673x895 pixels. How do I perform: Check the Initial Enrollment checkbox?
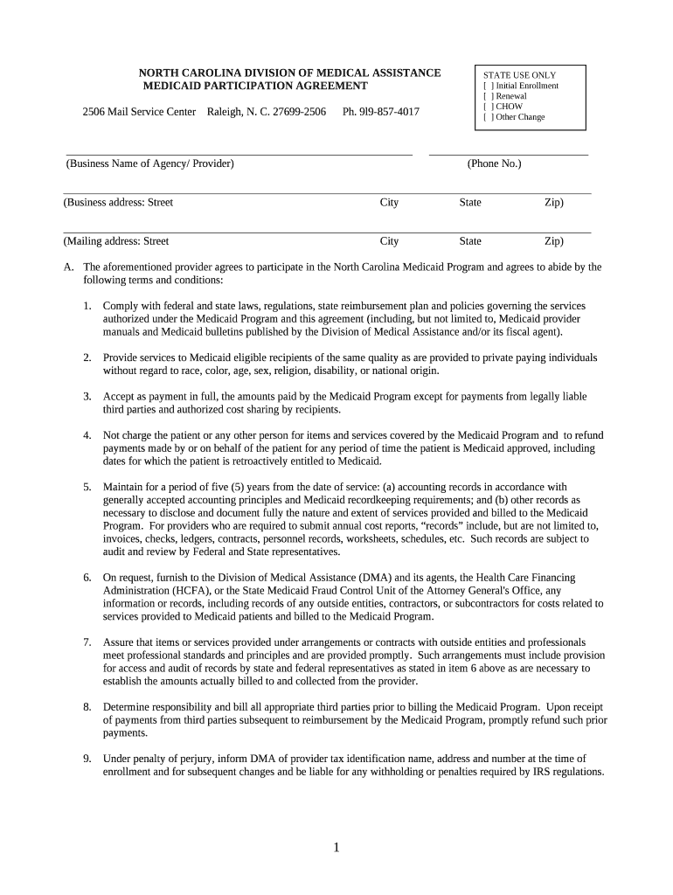[x=488, y=86]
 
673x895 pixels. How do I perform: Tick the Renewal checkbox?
[x=488, y=96]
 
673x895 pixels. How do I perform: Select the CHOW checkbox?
[x=488, y=107]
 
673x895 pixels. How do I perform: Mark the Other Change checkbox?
[x=488, y=117]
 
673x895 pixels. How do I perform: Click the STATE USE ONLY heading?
[x=519, y=75]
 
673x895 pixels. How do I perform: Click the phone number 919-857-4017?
[x=380, y=113]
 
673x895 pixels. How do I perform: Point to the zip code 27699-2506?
[x=297, y=113]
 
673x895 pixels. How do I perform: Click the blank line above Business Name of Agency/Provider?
[x=239, y=154]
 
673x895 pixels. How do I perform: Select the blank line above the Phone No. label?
[x=508, y=154]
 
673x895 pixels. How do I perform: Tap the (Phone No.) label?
[x=494, y=163]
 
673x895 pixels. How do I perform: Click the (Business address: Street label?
[x=118, y=203]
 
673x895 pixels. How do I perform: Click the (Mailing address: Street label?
[x=116, y=241]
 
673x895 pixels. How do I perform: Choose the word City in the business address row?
[x=389, y=203]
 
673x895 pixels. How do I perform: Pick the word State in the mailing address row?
[x=470, y=241]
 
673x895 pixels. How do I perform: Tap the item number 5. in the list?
[x=87, y=488]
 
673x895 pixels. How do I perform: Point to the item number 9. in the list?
[x=87, y=759]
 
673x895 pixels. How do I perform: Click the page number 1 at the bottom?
[x=336, y=848]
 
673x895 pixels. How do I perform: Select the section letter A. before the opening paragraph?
[x=68, y=267]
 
